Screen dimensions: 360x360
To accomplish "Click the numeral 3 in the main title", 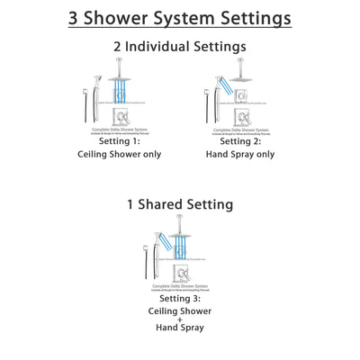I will pos(76,18).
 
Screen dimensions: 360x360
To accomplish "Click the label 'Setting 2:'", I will pos(241,140).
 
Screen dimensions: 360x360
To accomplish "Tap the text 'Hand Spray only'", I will pos(241,155).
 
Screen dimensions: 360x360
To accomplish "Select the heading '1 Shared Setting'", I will pos(180,204).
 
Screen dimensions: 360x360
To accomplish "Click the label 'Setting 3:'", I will pos(180,298).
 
